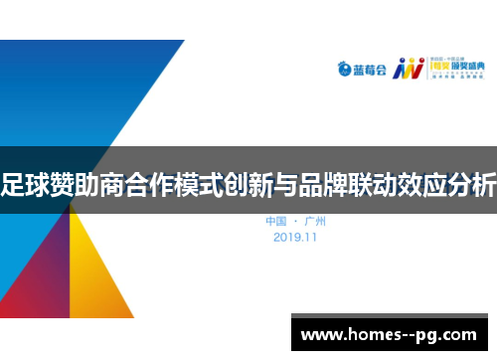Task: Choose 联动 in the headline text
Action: coord(383,183)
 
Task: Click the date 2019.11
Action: coord(295,238)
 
